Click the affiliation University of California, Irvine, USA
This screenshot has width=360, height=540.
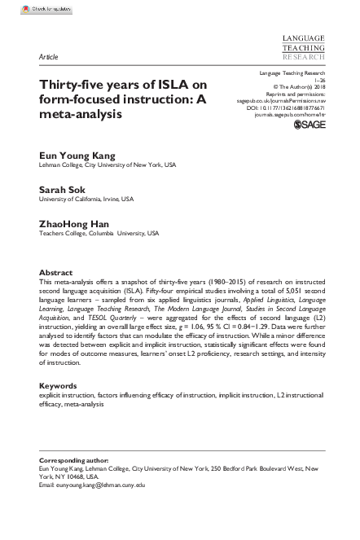click(87, 199)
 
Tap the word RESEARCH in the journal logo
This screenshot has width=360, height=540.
click(304, 59)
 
